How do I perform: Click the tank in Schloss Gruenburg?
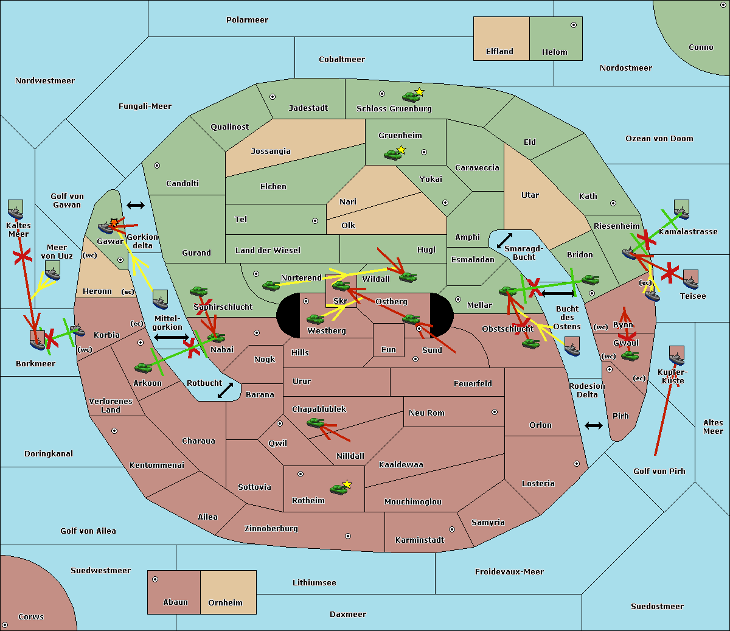(x=411, y=96)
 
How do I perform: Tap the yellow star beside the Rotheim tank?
(x=347, y=484)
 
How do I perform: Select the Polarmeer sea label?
(x=247, y=20)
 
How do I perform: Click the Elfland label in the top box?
(x=499, y=51)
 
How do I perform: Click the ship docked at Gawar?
(x=105, y=228)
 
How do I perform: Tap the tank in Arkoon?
(x=144, y=368)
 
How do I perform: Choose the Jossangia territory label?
(x=271, y=152)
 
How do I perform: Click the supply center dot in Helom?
(x=574, y=25)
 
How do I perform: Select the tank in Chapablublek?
(x=315, y=422)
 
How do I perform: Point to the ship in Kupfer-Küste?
(x=676, y=359)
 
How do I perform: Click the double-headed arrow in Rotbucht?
(x=225, y=391)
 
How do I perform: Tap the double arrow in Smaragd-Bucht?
(x=504, y=240)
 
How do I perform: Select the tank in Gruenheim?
(x=393, y=155)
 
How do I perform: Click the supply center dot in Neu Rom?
(x=495, y=412)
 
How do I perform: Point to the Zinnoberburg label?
(x=271, y=528)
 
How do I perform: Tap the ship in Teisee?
(x=691, y=283)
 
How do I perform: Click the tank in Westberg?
(x=315, y=319)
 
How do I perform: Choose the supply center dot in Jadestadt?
(x=273, y=97)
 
